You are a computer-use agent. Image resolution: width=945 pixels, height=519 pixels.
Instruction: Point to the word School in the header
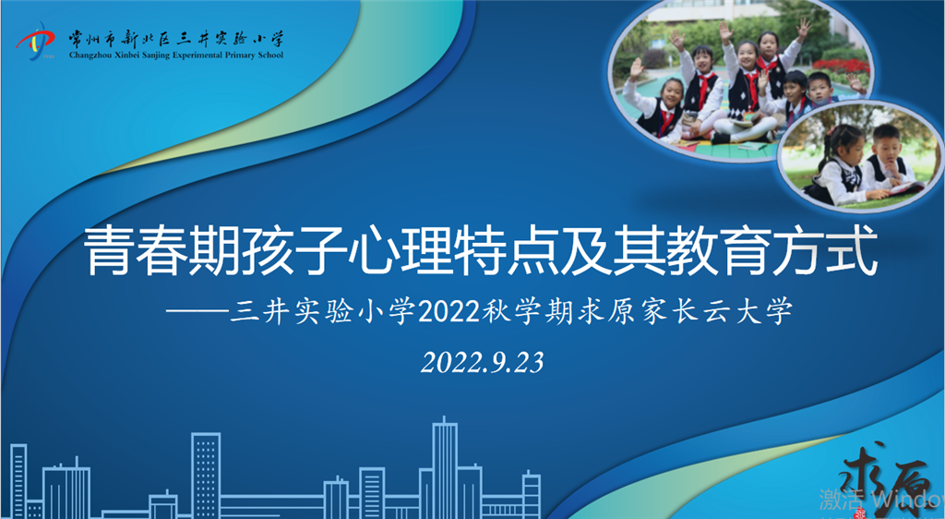coord(270,55)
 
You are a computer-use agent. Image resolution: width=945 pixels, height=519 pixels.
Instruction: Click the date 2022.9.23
coord(482,362)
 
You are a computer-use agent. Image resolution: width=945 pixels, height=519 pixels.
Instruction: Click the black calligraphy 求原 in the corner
coord(892,480)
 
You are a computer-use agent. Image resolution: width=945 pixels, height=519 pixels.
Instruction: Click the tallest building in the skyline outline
coord(445,467)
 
